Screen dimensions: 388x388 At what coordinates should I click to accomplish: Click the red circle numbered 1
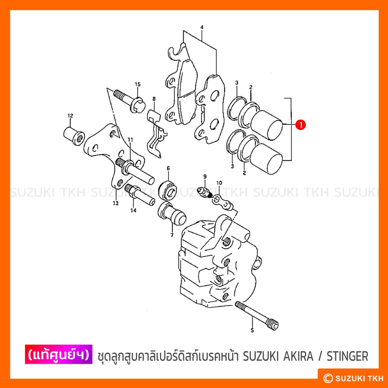click(300, 125)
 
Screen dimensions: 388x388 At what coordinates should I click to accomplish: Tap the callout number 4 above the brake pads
click(202, 27)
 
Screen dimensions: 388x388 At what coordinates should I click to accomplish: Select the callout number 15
click(138, 84)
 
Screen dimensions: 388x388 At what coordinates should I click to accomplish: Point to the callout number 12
click(70, 116)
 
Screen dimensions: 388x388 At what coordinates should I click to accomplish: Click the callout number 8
click(154, 99)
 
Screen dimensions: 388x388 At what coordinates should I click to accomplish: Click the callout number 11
click(130, 140)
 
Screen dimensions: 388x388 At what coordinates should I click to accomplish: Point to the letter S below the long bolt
click(252, 330)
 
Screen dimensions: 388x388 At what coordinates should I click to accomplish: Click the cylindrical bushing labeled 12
click(74, 136)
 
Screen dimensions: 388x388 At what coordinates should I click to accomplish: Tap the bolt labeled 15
click(130, 101)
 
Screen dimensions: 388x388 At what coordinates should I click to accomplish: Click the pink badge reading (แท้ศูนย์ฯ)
click(59, 354)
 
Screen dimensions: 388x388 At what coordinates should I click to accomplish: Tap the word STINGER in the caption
click(347, 356)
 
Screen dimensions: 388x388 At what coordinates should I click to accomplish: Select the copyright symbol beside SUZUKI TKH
click(328, 378)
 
